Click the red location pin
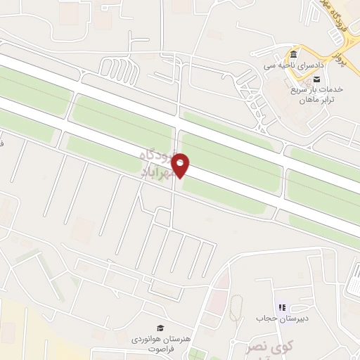click(x=181, y=165)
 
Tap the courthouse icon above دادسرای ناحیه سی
click(x=292, y=54)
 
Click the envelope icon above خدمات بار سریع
click(x=316, y=79)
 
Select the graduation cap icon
click(x=160, y=328)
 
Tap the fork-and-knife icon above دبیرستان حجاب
click(x=283, y=308)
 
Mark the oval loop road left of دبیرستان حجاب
click(x=237, y=308)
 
